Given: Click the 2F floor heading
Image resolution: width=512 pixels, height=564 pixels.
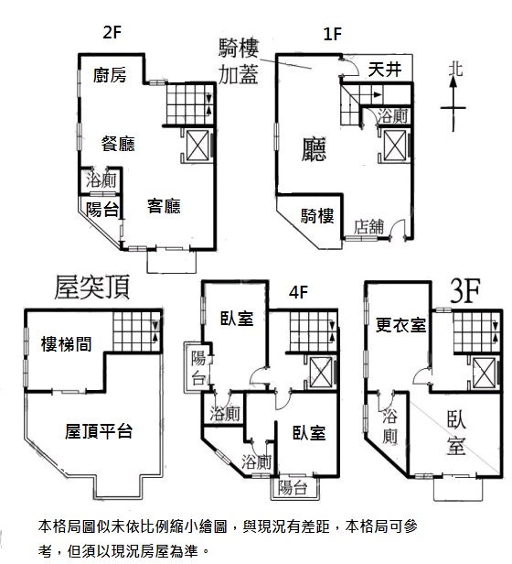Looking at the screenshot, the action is point(112,32).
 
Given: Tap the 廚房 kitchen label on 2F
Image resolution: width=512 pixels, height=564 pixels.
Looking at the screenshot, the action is point(110,75).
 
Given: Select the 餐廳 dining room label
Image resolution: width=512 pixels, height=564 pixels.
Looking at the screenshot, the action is point(118,144).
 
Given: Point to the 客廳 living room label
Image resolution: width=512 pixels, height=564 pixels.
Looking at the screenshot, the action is point(164,206).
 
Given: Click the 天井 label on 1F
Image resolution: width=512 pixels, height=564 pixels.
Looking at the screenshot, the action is point(384,69).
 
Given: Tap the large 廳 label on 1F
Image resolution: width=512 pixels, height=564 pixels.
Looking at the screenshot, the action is point(314,149).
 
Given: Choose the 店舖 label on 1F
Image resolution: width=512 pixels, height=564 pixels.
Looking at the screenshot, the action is point(368,227).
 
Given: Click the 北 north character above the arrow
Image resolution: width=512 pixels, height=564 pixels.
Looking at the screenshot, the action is point(455,69).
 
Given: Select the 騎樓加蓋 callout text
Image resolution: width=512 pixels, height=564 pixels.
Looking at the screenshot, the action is point(239,61).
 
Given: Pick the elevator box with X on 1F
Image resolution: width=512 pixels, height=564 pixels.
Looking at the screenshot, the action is point(395,146).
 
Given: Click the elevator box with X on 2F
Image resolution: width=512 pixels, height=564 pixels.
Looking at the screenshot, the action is point(197,146).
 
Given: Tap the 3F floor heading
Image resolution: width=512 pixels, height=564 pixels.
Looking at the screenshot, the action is point(465,291).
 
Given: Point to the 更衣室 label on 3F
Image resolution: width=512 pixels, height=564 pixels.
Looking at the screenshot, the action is point(400,325).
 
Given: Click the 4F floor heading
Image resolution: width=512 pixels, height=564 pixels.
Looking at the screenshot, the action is point(299,292).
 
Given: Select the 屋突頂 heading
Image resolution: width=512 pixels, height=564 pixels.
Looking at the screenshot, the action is point(92,287).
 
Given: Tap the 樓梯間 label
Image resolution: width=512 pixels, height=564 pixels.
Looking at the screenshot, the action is point(67,344).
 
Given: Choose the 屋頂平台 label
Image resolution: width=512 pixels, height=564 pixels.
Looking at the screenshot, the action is point(99,431).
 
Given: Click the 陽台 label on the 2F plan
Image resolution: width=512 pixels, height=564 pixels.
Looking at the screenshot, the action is point(102,209).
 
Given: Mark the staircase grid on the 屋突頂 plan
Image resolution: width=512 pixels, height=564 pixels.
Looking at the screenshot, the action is point(136,331).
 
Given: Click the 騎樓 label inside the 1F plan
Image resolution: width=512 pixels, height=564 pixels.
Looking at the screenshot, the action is point(317,216).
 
